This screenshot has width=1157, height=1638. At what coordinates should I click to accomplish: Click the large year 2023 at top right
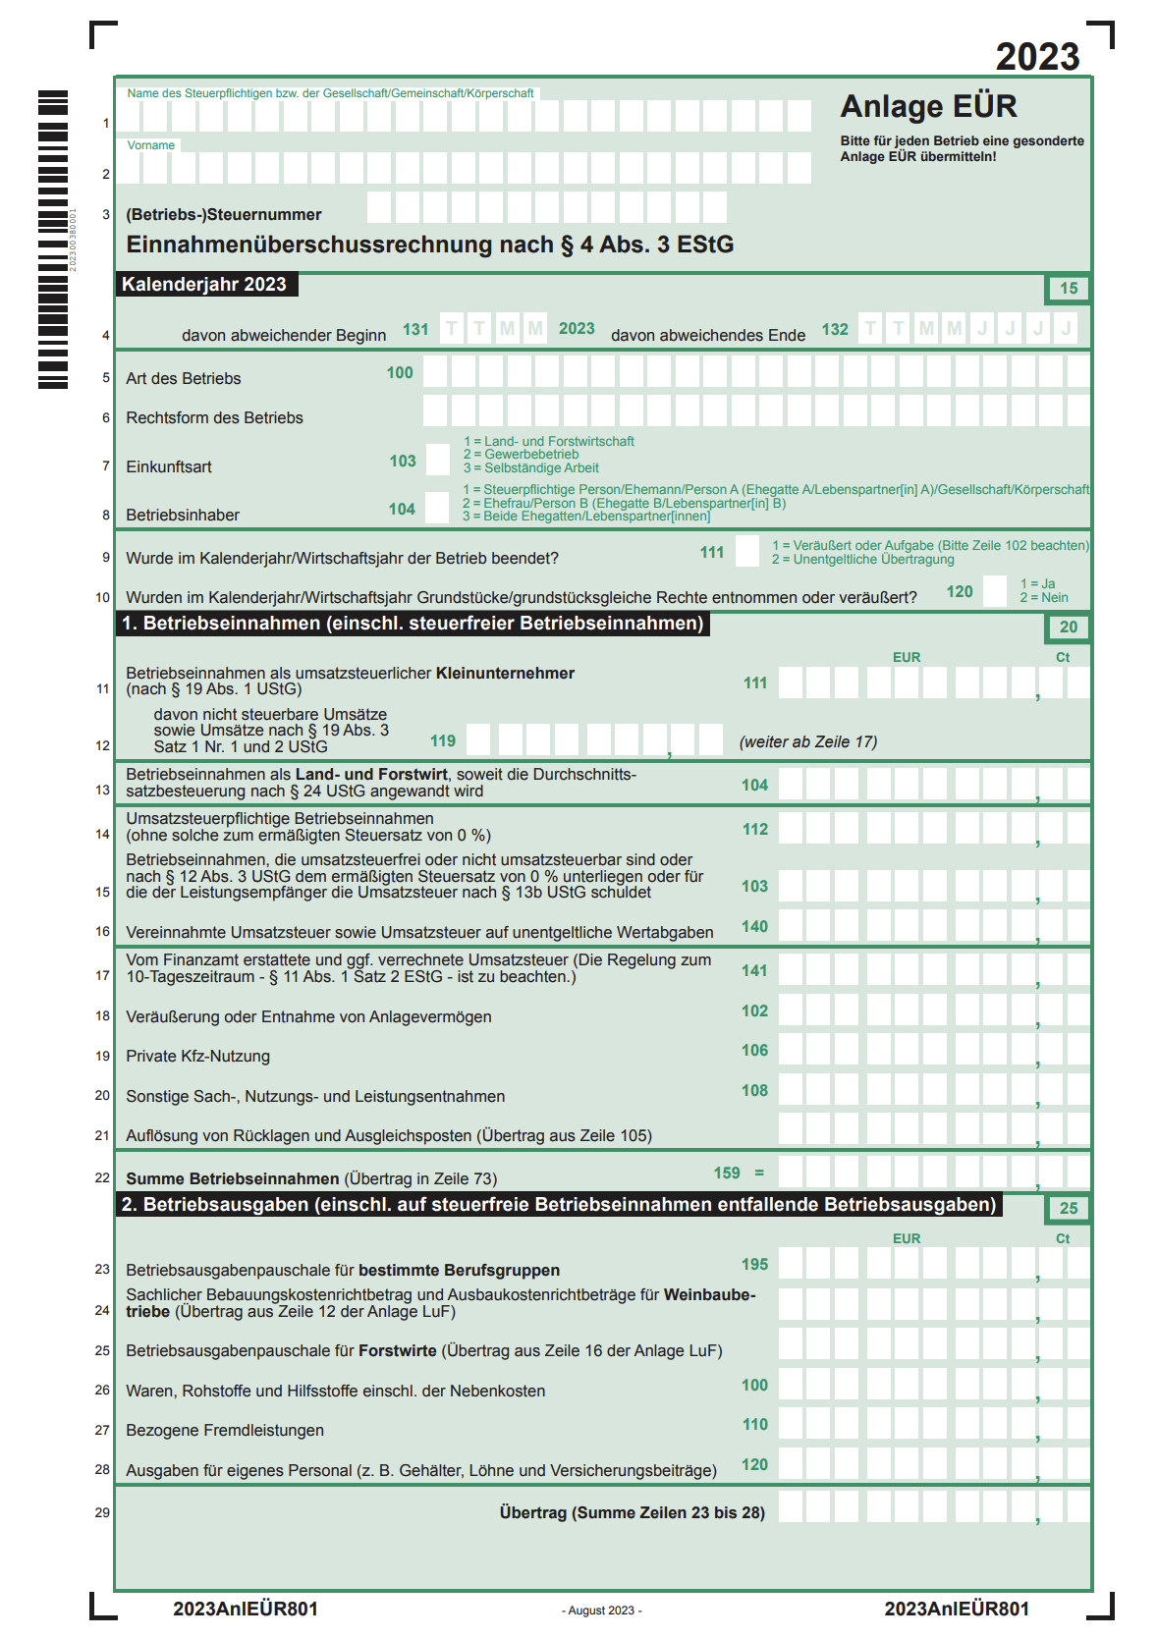pyautogui.click(x=1037, y=57)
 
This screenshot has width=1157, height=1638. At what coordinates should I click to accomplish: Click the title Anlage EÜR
pyautogui.click(x=928, y=106)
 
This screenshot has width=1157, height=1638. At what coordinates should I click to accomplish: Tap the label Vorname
pyautogui.click(x=150, y=145)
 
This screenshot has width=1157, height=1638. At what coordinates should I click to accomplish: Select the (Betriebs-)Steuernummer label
pyautogui.click(x=223, y=215)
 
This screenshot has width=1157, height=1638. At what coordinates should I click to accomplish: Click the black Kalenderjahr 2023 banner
pyautogui.click(x=204, y=285)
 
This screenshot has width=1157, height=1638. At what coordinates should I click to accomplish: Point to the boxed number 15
pyautogui.click(x=1068, y=289)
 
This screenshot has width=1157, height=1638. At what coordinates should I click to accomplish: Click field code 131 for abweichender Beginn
pyautogui.click(x=415, y=330)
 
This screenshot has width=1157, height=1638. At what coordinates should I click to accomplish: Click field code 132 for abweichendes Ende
pyautogui.click(x=835, y=330)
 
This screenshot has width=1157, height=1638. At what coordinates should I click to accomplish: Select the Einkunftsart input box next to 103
pyautogui.click(x=438, y=460)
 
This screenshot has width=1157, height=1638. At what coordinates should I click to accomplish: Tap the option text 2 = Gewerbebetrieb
pyautogui.click(x=521, y=455)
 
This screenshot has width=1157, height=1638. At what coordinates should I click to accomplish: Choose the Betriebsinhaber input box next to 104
pyautogui.click(x=437, y=508)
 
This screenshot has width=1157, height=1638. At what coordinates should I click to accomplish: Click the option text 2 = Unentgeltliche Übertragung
pyautogui.click(x=862, y=560)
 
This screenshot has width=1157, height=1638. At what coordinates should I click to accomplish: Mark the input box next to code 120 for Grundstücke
pyautogui.click(x=995, y=591)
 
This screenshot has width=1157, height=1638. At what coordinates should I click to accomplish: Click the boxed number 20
pyautogui.click(x=1068, y=628)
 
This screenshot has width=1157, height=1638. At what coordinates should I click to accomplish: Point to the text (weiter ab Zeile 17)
pyautogui.click(x=807, y=742)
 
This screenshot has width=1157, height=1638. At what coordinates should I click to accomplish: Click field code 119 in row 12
pyautogui.click(x=443, y=741)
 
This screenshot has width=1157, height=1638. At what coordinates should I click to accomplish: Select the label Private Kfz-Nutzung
pyautogui.click(x=197, y=1057)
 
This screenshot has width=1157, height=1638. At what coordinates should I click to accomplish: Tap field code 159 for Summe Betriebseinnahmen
pyautogui.click(x=727, y=1174)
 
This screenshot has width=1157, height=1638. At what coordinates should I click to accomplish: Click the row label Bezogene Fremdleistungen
pyautogui.click(x=225, y=1431)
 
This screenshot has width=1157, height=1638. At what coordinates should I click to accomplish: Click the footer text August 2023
pyautogui.click(x=601, y=1611)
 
